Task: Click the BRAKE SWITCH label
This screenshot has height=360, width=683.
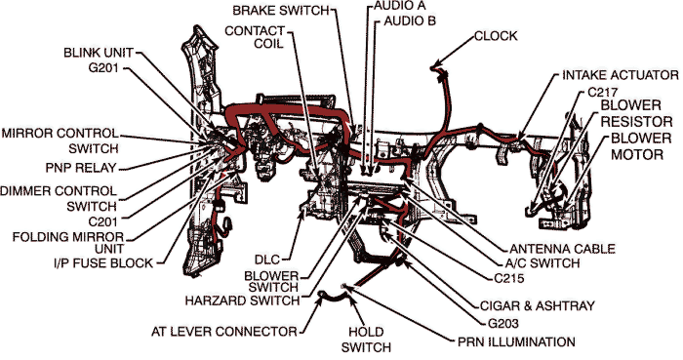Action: click(x=280, y=10)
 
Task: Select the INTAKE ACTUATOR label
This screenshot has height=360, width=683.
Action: click(x=620, y=74)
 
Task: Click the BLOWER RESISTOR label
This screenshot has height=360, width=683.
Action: click(x=638, y=112)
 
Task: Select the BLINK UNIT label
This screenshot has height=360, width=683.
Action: click(x=98, y=52)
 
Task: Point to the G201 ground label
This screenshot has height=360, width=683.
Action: click(x=106, y=68)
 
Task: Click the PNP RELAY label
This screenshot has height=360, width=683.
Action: click(x=81, y=167)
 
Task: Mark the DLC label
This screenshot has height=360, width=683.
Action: click(x=268, y=260)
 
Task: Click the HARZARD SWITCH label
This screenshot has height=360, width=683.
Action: click(x=241, y=300)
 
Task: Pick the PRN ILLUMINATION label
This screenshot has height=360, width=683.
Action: click(x=516, y=341)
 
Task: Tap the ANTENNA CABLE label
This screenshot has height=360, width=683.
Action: click(x=563, y=249)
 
